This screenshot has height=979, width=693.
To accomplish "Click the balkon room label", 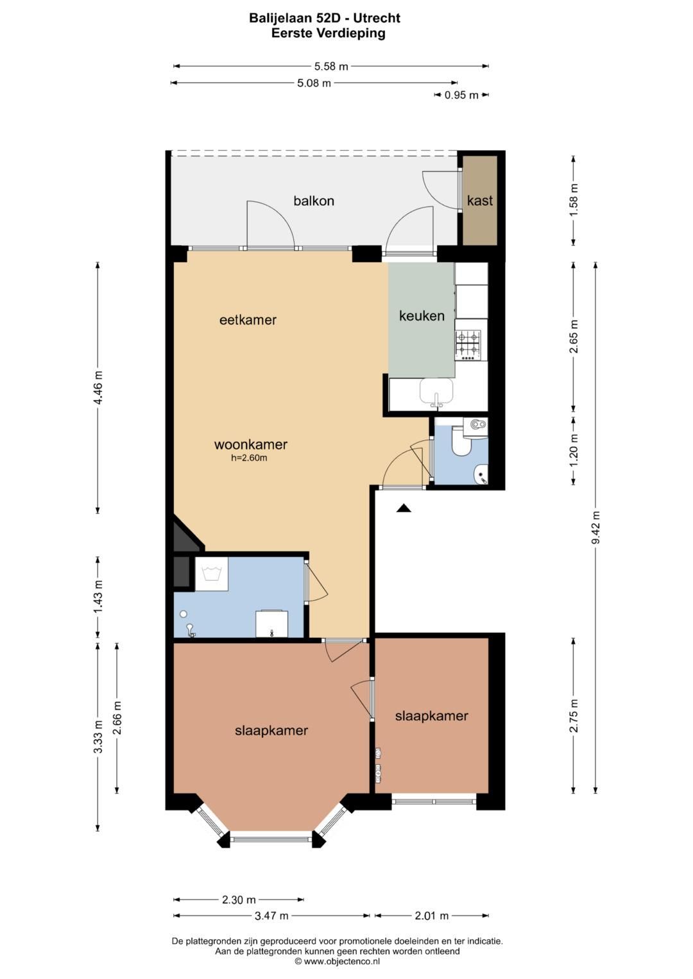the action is point(314,201).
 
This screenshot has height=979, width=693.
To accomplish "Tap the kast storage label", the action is point(480,201).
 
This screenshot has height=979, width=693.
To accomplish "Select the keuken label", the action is point(422,315).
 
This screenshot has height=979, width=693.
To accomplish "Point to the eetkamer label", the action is point(248,320).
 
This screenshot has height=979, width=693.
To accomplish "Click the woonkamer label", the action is point(251,445).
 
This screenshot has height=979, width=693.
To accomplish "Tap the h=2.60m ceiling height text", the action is point(249,458).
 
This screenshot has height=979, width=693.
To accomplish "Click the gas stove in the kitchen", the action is point(468,343).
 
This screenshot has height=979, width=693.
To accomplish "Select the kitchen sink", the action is point(436,392).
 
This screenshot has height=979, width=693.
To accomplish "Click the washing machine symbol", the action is point(212,573).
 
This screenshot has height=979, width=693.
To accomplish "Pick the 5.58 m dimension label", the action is point(331,67).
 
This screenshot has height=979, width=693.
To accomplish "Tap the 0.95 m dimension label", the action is point(461,95).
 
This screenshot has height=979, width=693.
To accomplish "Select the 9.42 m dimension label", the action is point(595,527).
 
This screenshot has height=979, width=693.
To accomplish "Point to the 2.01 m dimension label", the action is point(432,916).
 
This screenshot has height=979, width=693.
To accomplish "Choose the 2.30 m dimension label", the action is point(239,900).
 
